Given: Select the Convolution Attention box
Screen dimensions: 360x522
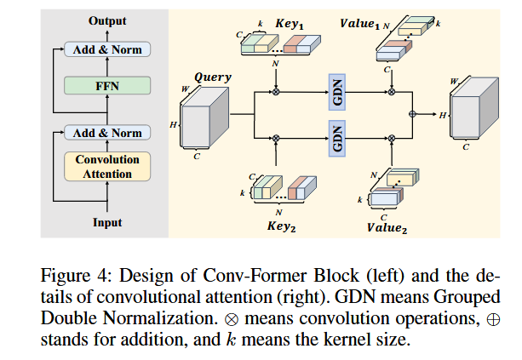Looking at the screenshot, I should pyautogui.click(x=106, y=167).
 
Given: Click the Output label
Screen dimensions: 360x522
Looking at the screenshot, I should pyautogui.click(x=106, y=20).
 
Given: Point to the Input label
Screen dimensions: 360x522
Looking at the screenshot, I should pyautogui.click(x=106, y=223).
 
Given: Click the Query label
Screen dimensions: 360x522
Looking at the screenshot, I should pyautogui.click(x=212, y=77).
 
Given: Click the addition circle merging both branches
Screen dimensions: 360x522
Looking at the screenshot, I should pyautogui.click(x=413, y=113).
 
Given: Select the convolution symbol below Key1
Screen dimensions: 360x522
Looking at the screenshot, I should pyautogui.click(x=276, y=91).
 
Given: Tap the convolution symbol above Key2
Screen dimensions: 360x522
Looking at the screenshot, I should pyautogui.click(x=276, y=137).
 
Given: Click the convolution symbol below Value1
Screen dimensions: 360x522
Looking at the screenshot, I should pyautogui.click(x=392, y=91).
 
